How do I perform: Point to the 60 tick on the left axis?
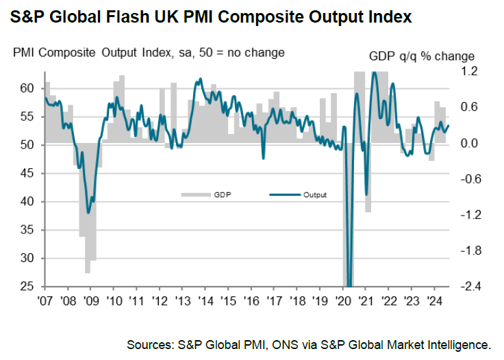pyautogui.click(x=27, y=88)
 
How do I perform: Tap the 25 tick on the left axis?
pyautogui.click(x=27, y=287)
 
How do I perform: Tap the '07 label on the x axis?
pyautogui.click(x=45, y=299)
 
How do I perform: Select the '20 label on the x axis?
pyautogui.click(x=342, y=299)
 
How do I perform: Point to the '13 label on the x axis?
pyautogui.click(x=182, y=299)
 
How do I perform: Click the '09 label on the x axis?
pyautogui.click(x=91, y=299)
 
